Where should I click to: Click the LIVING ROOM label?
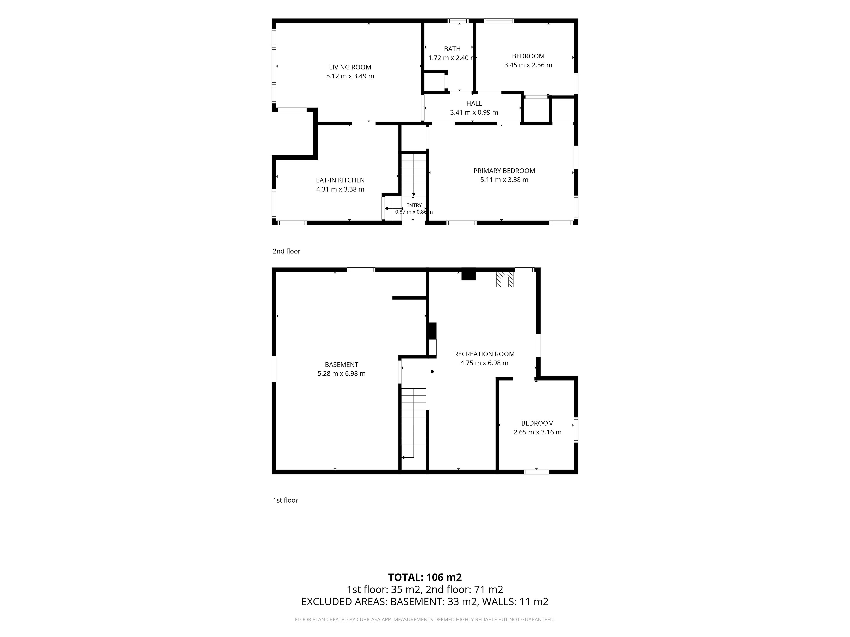pyautogui.click(x=350, y=67)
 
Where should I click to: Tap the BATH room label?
pyautogui.click(x=452, y=49)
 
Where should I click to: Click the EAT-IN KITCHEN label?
pyautogui.click(x=340, y=180)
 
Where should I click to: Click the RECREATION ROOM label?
pyautogui.click(x=484, y=354)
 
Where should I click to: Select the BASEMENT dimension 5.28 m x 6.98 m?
pyautogui.click(x=341, y=374)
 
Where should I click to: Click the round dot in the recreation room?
pyautogui.click(x=432, y=372)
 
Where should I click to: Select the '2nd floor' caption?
pyautogui.click(x=286, y=251)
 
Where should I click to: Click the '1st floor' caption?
pyautogui.click(x=286, y=500)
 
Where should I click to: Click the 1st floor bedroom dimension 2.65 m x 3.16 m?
pyautogui.click(x=537, y=432)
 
